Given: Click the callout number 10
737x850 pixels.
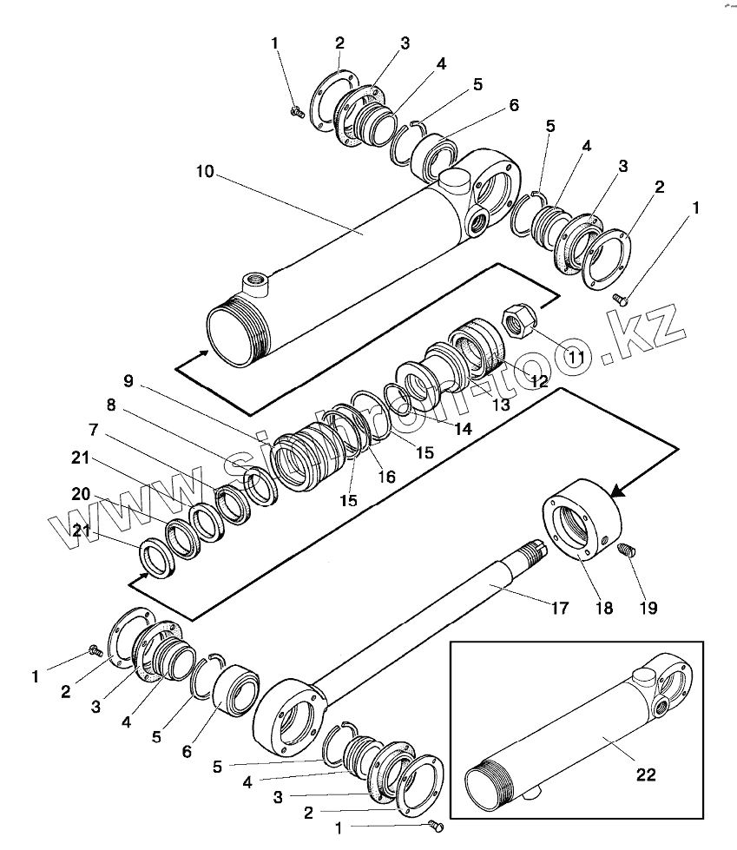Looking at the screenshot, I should tap(204, 172).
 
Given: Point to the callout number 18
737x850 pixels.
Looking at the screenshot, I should tap(603, 608).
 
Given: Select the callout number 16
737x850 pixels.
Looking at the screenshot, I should tap(385, 476).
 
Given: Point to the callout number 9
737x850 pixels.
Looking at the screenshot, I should tap(128, 379).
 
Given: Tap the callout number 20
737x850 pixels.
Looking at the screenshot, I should tap(80, 494).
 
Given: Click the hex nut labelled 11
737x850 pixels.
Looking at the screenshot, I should tap(520, 322).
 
